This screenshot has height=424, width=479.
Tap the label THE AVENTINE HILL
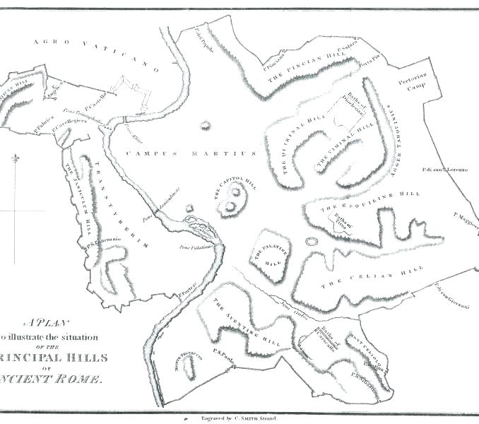tap(247, 325)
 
